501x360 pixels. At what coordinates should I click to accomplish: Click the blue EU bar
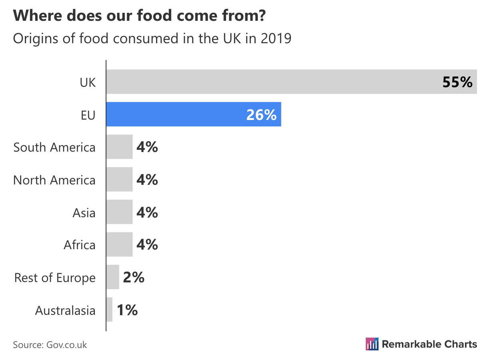coord(194,114)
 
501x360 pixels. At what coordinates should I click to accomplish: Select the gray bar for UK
coord(291,82)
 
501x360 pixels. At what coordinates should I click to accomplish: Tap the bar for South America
coord(119,147)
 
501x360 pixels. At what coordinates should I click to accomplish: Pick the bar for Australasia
coord(109,310)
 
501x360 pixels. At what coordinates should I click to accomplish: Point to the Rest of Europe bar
coord(113,277)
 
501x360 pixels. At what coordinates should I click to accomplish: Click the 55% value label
coord(457,82)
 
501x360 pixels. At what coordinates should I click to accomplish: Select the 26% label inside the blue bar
coord(261,115)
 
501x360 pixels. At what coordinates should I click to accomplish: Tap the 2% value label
coord(134,277)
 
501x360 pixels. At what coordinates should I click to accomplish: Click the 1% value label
coord(127,310)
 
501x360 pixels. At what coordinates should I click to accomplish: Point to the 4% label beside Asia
coord(147,212)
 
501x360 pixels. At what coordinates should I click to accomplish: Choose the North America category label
coord(54,180)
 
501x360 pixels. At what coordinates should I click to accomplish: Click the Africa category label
coord(80,245)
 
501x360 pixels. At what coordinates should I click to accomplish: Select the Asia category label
coord(84,212)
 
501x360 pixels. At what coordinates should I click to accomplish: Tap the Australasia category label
coord(65,310)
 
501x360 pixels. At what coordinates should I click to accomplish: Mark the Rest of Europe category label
coord(55,278)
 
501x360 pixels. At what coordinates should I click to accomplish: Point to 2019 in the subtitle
coord(276,39)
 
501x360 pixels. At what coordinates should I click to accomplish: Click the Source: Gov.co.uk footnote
coord(50,345)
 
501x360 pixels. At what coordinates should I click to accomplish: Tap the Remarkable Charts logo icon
coord(372,344)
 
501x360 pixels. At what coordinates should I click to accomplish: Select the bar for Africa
coord(119,244)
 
